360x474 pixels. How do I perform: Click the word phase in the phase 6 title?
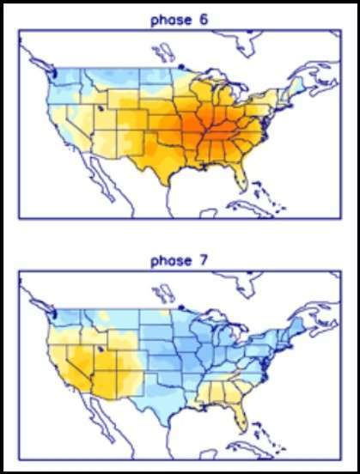tap(171, 21)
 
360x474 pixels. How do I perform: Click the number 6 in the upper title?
tap(204, 20)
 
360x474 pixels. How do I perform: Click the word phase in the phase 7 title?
tap(171, 261)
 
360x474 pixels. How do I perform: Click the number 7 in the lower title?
tap(204, 260)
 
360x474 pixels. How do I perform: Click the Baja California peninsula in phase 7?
tap(99, 418)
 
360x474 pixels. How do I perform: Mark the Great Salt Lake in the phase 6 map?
tap(101, 108)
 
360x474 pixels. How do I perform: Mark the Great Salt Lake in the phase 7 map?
tap(101, 349)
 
